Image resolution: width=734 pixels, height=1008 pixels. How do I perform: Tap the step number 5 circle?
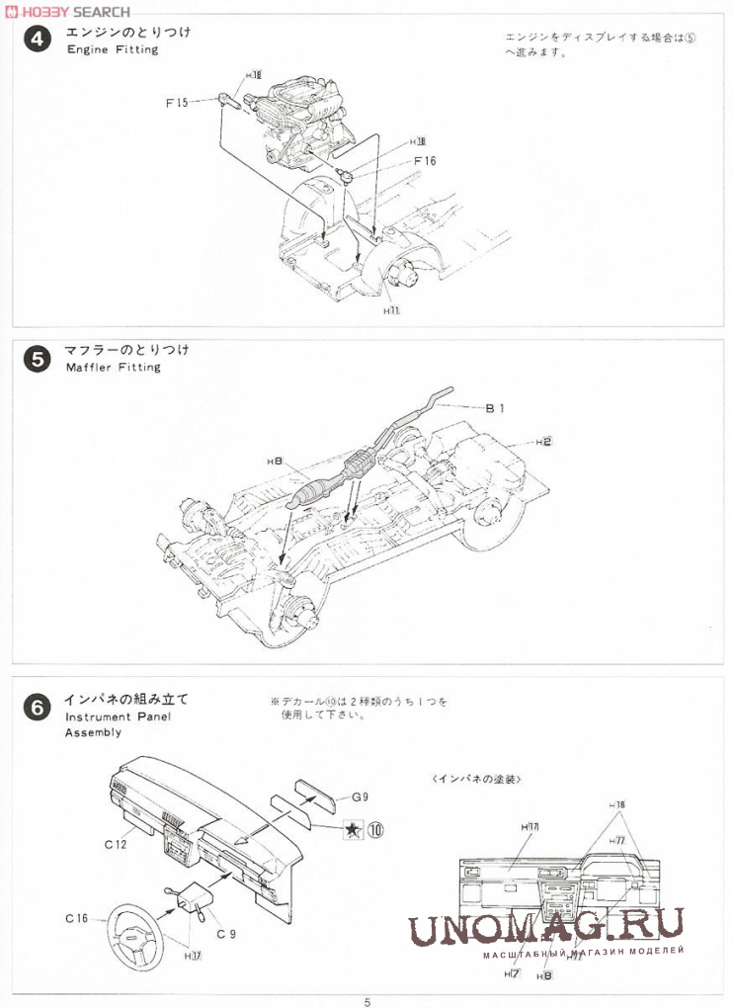tap(36, 359)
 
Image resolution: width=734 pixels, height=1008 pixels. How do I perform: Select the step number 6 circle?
tap(36, 708)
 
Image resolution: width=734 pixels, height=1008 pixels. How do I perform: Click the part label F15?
tap(177, 102)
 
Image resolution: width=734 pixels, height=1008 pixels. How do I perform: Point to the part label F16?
tap(425, 161)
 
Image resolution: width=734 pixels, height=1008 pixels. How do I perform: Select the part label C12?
tap(117, 844)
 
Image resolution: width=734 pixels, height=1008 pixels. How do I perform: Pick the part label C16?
tap(77, 918)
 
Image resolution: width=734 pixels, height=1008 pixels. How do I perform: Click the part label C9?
tap(226, 934)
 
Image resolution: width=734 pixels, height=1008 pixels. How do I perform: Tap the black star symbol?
tap(352, 830)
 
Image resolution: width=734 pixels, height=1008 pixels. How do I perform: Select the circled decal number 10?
tap(375, 830)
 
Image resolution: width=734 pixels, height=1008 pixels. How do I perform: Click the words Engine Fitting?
tap(112, 49)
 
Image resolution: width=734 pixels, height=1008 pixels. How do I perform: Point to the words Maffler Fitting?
tap(113, 367)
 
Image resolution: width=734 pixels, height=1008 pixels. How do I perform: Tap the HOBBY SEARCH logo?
tap(67, 11)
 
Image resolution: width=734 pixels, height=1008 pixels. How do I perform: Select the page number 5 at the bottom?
tap(367, 1001)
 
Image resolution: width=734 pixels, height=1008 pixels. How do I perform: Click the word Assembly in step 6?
tap(93, 732)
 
